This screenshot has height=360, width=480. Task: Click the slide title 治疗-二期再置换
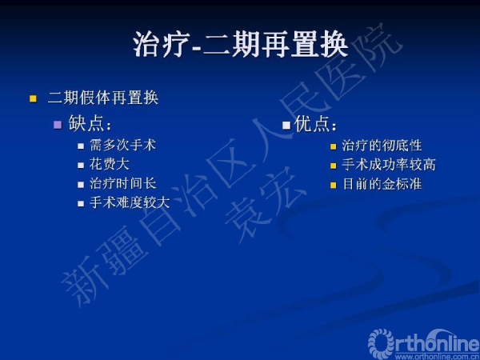pos(241,45)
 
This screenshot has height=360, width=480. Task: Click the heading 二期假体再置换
pos(103,98)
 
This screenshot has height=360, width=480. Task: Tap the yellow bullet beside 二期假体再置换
pos(33,99)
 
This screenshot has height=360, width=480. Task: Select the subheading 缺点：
pos(90,123)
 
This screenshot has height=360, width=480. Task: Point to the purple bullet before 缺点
pos(58,125)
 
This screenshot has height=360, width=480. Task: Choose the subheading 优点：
pos(315,124)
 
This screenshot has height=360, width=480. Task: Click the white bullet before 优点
pos(286,126)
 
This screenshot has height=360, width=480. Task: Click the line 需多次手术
pos(122,145)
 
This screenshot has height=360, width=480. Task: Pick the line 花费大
pos(109,164)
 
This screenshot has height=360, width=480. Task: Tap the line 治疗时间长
pos(122,184)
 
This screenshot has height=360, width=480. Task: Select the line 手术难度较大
pos(130,202)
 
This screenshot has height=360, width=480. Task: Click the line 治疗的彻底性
pos(382,146)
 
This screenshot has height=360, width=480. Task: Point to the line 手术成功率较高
pos(389,165)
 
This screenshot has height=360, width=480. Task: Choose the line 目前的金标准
pos(382,184)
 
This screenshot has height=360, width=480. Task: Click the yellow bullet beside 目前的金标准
pos(333,186)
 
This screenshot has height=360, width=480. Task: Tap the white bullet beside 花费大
pos(81,166)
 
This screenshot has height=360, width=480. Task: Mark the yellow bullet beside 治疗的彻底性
pos(333,146)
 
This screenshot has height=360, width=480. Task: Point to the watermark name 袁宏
pos(264,203)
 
